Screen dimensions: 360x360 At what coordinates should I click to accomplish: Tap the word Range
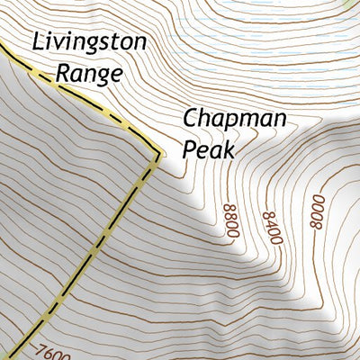point(87,72)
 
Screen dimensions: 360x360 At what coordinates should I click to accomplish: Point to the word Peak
point(208,148)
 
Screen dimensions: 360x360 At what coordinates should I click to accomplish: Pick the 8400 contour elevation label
point(271,222)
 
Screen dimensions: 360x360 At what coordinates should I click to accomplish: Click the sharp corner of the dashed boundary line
point(158,155)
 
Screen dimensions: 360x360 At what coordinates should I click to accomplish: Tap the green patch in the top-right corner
point(354,4)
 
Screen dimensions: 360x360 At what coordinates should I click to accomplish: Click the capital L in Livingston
point(37,40)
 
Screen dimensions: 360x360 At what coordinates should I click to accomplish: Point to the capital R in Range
point(62,72)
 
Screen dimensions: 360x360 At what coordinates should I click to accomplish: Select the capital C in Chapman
point(191,118)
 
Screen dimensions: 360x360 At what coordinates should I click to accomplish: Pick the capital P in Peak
point(189,148)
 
